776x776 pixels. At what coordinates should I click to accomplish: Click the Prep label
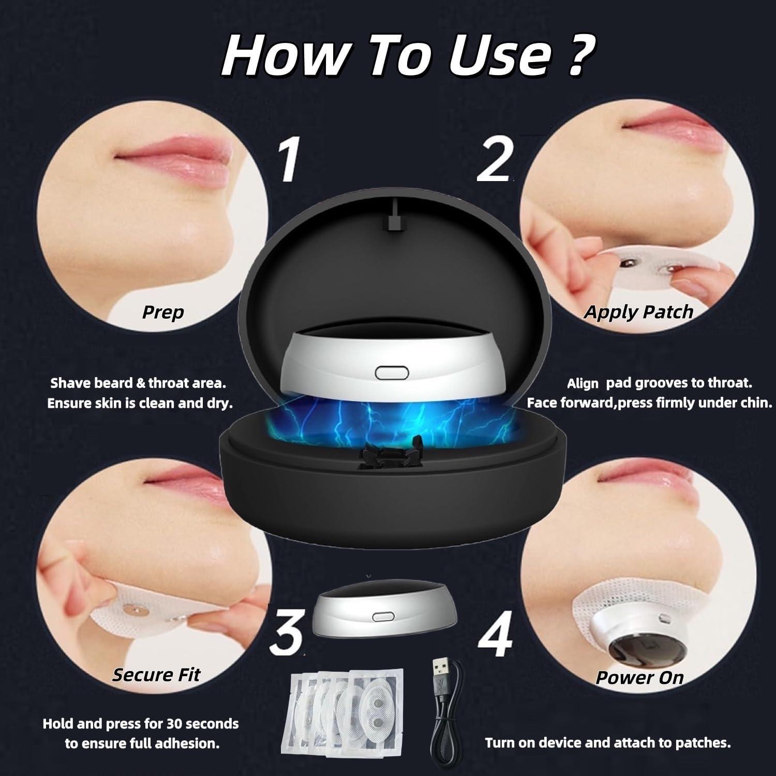click(163, 312)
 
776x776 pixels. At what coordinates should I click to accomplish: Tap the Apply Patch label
click(638, 311)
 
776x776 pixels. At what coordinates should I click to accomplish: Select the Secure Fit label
click(156, 675)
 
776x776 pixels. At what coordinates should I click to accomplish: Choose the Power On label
click(639, 677)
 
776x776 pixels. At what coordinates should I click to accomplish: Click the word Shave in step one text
click(70, 383)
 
